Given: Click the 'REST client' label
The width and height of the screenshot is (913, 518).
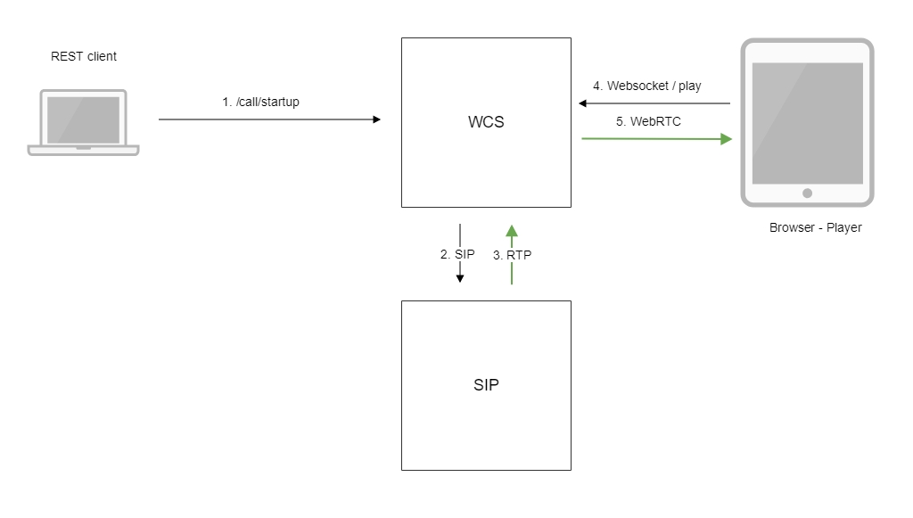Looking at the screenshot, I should click(x=84, y=56).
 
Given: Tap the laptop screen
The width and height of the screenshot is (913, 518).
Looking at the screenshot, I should click(x=83, y=119).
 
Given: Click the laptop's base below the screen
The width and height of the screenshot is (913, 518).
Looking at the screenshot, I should click(x=83, y=150).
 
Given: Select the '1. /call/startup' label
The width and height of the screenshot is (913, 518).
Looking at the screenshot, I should click(x=260, y=102).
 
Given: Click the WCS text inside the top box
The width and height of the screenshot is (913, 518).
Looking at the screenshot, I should click(x=486, y=122).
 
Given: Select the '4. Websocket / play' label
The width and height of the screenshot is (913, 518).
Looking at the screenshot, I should click(x=647, y=86).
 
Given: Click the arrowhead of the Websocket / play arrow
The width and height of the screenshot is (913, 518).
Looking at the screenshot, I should click(x=583, y=103).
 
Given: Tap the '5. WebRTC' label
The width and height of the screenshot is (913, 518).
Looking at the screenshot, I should click(x=648, y=121).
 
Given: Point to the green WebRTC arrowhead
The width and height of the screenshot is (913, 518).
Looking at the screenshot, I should click(x=726, y=139).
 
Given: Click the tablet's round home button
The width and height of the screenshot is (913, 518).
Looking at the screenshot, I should click(x=807, y=193).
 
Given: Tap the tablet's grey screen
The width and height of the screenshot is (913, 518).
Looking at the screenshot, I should click(x=807, y=122).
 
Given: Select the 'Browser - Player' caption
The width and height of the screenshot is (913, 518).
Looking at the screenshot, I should click(x=815, y=227).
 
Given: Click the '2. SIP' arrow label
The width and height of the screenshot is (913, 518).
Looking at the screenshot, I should click(x=457, y=254).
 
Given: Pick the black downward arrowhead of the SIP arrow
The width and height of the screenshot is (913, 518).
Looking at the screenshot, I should click(x=460, y=278).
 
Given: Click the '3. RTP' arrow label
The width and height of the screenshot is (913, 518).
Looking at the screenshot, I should click(x=512, y=255).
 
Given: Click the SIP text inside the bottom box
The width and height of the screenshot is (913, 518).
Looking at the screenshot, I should click(x=486, y=385).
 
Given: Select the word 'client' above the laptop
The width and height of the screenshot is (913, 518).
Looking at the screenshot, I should click(x=102, y=56).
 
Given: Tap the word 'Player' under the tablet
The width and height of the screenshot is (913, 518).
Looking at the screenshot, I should click(x=843, y=227).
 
